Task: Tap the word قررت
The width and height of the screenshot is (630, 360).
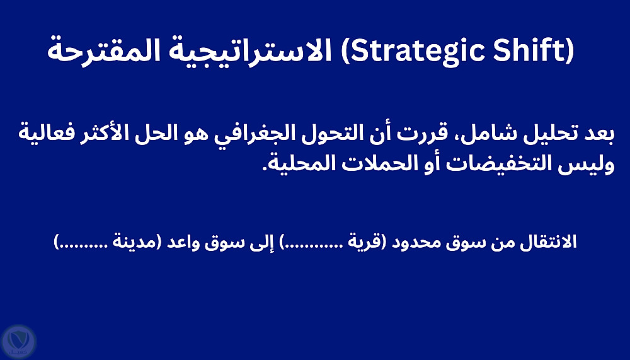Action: [x=423, y=134]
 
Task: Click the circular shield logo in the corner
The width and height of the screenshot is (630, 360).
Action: [x=18, y=342]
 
